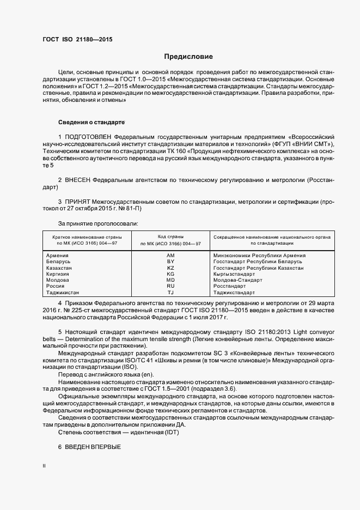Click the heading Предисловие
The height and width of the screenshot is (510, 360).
pos(188,57)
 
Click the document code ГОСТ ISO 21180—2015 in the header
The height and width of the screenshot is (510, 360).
pos(77,39)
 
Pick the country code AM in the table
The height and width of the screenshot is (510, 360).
pos(170,255)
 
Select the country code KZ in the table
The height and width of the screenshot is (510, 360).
pos(170,268)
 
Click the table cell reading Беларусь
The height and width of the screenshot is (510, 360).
pos(58,262)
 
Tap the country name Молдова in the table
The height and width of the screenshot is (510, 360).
pos(58,280)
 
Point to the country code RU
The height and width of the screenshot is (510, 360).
pos(170,286)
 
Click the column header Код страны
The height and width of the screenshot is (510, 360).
pos(170,237)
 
